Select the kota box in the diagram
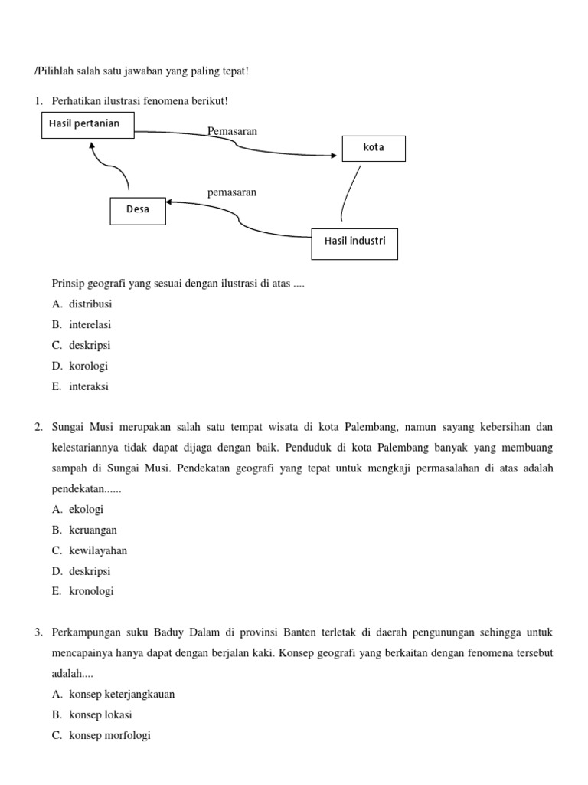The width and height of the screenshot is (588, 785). (x=374, y=148)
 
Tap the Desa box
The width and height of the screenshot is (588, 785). (x=138, y=211)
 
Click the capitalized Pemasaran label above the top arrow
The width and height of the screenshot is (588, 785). (x=232, y=131)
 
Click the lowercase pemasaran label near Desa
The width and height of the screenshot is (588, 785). (x=232, y=192)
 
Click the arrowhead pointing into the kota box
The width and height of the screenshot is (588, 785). (x=333, y=156)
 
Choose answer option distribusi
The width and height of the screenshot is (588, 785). (x=90, y=304)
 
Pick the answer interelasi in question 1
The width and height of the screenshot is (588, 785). (x=90, y=325)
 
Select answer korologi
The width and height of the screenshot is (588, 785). (x=89, y=366)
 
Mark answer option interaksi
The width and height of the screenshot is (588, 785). (x=89, y=386)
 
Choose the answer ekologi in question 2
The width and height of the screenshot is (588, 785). (x=86, y=509)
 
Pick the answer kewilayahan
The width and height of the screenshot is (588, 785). (x=98, y=550)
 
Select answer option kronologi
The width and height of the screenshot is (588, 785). (x=91, y=592)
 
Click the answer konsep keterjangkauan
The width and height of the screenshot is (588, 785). (x=122, y=695)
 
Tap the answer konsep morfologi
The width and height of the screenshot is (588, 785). (x=109, y=736)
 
